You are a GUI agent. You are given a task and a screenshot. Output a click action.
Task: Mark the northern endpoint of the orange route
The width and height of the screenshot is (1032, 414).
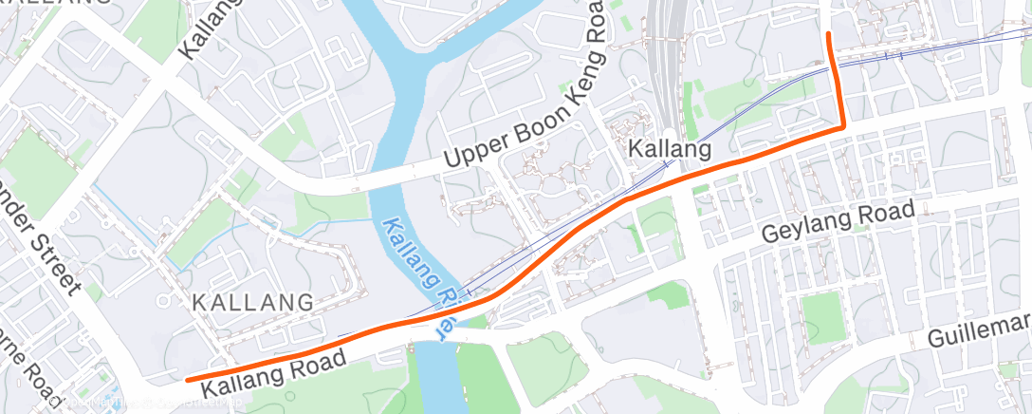click(x=830, y=34)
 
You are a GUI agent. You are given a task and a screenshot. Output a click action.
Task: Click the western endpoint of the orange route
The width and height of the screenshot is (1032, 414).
click(x=188, y=380)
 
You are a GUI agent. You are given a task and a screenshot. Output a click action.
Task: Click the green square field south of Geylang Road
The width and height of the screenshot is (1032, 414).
click(x=821, y=314)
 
